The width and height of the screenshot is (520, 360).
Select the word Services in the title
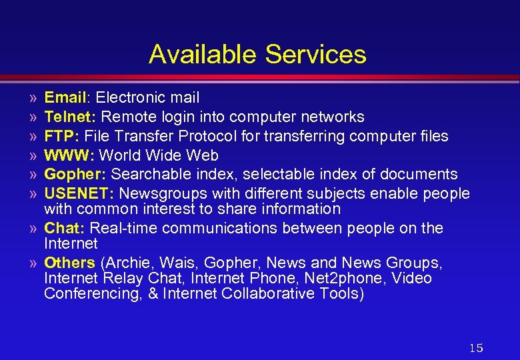[315, 54]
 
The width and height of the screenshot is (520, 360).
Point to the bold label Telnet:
[71, 117]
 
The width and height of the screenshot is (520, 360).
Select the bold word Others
[69, 263]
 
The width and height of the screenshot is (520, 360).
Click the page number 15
[476, 348]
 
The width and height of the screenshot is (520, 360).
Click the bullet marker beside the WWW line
[33, 156]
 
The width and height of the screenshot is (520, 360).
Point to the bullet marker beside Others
[33, 263]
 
